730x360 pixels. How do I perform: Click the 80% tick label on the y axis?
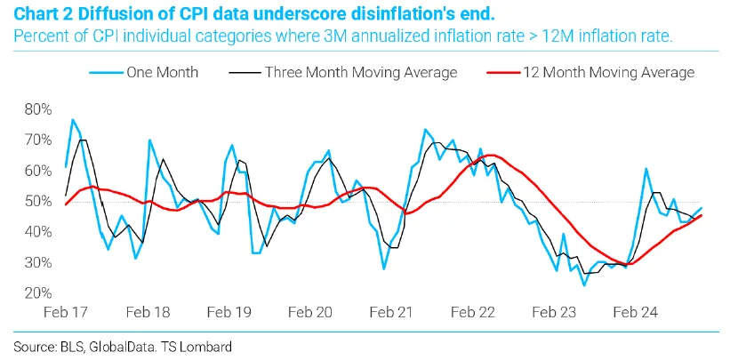pyautogui.click(x=40, y=109)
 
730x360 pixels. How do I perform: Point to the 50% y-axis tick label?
pyautogui.click(x=40, y=202)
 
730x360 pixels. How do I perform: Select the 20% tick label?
pyautogui.click(x=40, y=293)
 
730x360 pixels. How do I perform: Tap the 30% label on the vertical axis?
pyautogui.click(x=40, y=263)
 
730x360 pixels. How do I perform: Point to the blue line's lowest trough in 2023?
pyautogui.click(x=584, y=285)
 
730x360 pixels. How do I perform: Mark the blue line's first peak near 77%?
pyautogui.click(x=72, y=119)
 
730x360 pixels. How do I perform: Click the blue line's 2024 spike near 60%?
pyautogui.click(x=646, y=169)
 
